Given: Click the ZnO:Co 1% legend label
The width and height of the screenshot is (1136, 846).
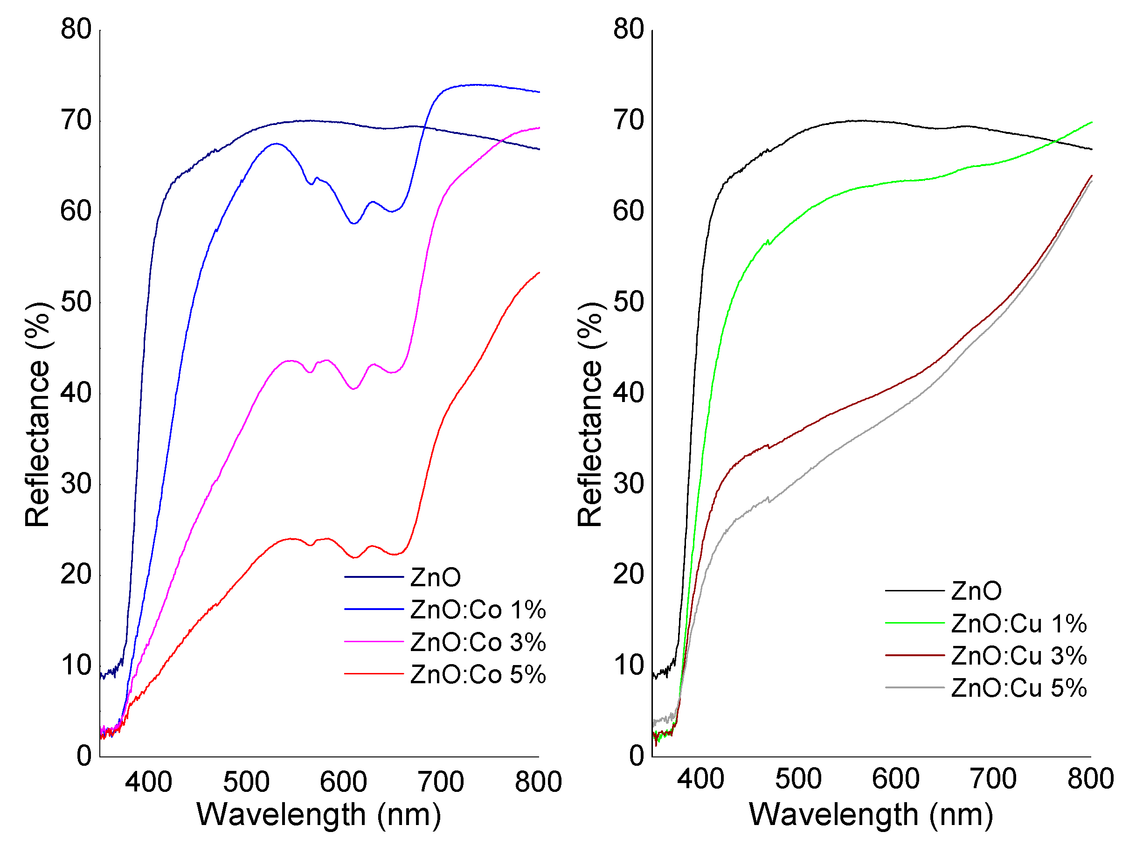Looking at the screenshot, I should pyautogui.click(x=478, y=610).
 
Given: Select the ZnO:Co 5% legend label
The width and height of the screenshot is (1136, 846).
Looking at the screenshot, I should pyautogui.click(x=478, y=674).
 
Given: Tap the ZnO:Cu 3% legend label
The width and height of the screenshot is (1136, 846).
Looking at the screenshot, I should pyautogui.click(x=1019, y=656).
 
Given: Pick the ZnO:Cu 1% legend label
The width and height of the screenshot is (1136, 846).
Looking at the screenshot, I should pyautogui.click(x=1019, y=624).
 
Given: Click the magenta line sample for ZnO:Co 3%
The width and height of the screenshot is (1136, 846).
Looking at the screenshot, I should pyautogui.click(x=374, y=642).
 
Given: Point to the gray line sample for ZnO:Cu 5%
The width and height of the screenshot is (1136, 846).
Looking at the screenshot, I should pyautogui.click(x=914, y=688).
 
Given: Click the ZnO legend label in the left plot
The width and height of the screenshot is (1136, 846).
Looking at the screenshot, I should pyautogui.click(x=435, y=578).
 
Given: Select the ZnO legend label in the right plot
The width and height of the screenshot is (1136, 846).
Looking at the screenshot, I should pyautogui.click(x=976, y=591).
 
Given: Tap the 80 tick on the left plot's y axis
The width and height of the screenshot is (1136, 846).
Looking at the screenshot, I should pyautogui.click(x=76, y=29).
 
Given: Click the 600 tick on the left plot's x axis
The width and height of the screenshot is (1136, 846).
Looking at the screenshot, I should pyautogui.click(x=343, y=782).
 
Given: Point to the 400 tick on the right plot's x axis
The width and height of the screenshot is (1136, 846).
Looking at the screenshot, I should pyautogui.click(x=700, y=779).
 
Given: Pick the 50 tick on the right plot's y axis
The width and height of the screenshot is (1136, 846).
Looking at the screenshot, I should pyautogui.click(x=628, y=302).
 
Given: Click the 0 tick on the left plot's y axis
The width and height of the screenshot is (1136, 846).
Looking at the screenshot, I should pyautogui.click(x=84, y=756).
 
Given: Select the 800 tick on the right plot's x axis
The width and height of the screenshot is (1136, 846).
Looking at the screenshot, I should pyautogui.click(x=1090, y=779).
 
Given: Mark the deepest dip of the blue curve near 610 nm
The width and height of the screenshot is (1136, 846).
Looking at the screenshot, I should pyautogui.click(x=353, y=223).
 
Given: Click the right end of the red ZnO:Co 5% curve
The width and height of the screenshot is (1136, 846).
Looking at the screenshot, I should pyautogui.click(x=539, y=273).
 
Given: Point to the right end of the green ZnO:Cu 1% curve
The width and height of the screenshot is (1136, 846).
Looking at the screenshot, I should pyautogui.click(x=1091, y=122).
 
